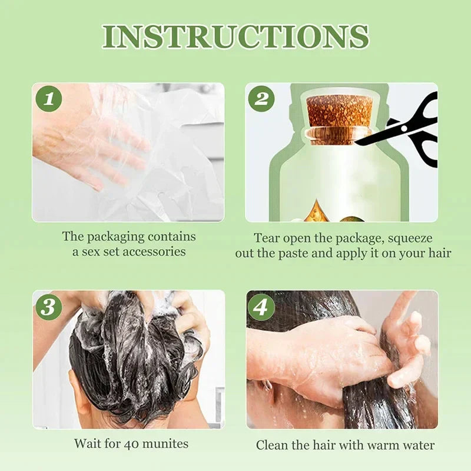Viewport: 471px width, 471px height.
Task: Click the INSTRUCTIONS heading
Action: coord(235,37)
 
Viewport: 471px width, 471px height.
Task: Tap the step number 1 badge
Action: coord(49,98)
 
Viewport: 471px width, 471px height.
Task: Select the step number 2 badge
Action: coord(261,98)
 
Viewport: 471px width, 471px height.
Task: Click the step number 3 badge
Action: coord(49,306)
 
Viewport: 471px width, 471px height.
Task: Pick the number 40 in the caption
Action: coord(131,443)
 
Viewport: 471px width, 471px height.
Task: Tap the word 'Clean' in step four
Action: coord(271,445)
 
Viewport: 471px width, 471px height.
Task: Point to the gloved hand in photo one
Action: coord(88,141)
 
